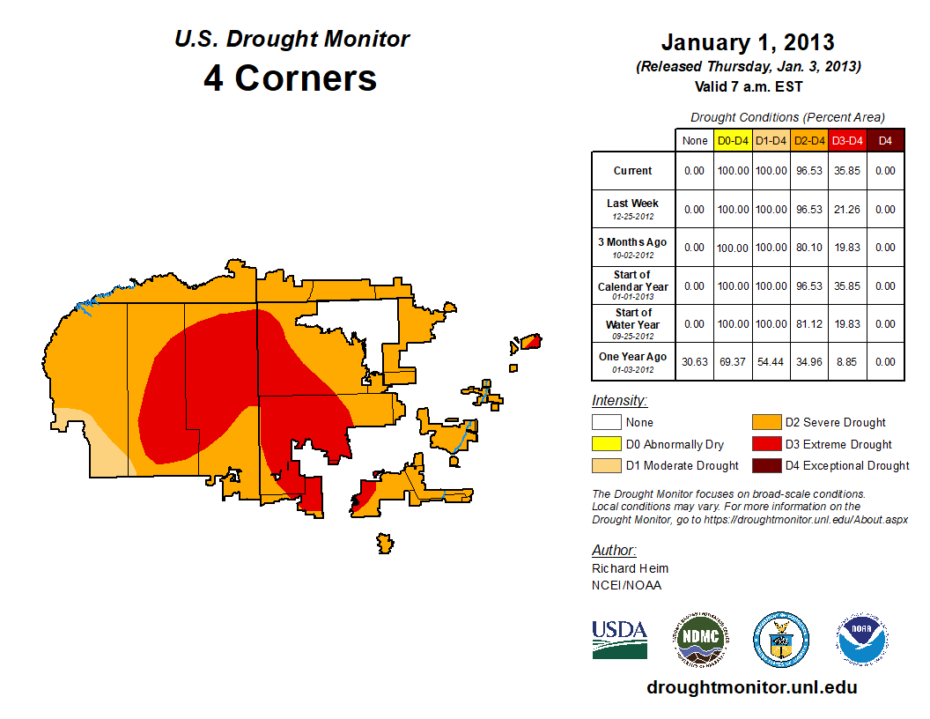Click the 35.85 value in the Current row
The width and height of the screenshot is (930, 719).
pyautogui.click(x=847, y=171)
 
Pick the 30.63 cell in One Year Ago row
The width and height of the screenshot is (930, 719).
pyautogui.click(x=695, y=361)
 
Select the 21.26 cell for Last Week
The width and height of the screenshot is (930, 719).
pyautogui.click(x=847, y=210)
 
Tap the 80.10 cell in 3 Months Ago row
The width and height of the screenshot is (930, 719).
pyautogui.click(x=808, y=248)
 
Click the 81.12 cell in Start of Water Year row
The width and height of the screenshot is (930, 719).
pyautogui.click(x=808, y=324)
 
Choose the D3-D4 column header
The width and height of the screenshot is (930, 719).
pyautogui.click(x=847, y=140)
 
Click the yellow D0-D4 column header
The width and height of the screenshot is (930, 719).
pyautogui.click(x=732, y=140)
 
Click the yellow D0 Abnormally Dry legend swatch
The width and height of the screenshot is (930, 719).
pyautogui.click(x=607, y=444)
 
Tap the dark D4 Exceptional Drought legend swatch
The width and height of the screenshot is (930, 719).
pyautogui.click(x=765, y=465)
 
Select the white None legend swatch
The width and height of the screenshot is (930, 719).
pyautogui.click(x=607, y=423)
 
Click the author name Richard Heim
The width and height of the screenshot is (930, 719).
pyautogui.click(x=630, y=568)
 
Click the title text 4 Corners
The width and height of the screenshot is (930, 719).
pyautogui.click(x=291, y=78)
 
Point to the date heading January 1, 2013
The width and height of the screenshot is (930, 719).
pyautogui.click(x=748, y=42)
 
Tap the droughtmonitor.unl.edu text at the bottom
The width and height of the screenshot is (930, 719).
pyautogui.click(x=751, y=687)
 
